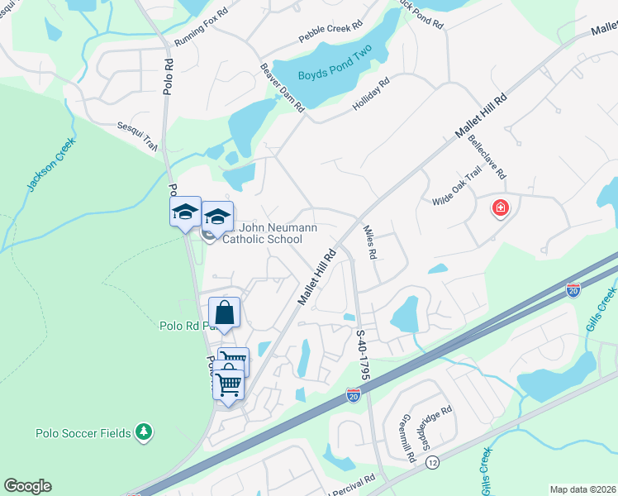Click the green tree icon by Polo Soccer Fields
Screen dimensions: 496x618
tap(145, 432)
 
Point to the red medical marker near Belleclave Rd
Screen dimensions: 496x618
tap(500, 207)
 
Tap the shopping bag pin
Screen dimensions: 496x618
tap(224, 313)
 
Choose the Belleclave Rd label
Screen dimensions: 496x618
tap(487, 160)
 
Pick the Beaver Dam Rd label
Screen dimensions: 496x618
tap(283, 88)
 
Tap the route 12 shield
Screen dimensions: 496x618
tap(432, 463)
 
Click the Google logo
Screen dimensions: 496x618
tap(27, 486)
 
